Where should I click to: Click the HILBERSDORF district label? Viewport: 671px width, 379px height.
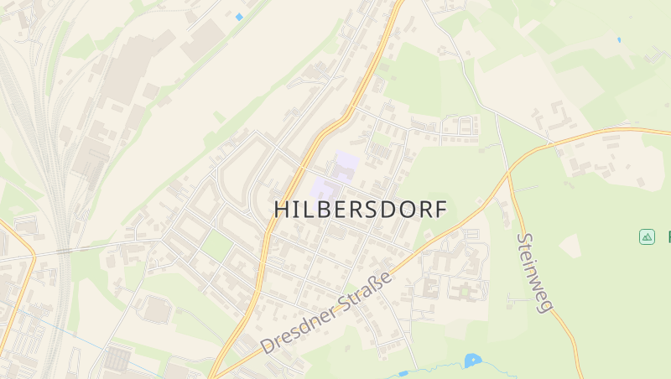(x=361, y=210)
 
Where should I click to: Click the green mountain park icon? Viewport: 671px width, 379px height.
(x=647, y=237)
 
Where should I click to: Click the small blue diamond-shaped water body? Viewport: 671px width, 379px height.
(x=239, y=17)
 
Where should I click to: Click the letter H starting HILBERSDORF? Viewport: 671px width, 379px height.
(x=283, y=210)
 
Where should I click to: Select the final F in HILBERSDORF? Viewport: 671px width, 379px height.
(x=440, y=210)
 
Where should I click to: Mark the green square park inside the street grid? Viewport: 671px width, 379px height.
(x=217, y=246)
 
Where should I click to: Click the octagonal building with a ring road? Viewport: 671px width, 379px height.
(x=157, y=309)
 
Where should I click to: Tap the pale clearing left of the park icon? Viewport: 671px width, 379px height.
(x=570, y=246)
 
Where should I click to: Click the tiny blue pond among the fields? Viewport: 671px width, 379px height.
(x=619, y=39)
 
